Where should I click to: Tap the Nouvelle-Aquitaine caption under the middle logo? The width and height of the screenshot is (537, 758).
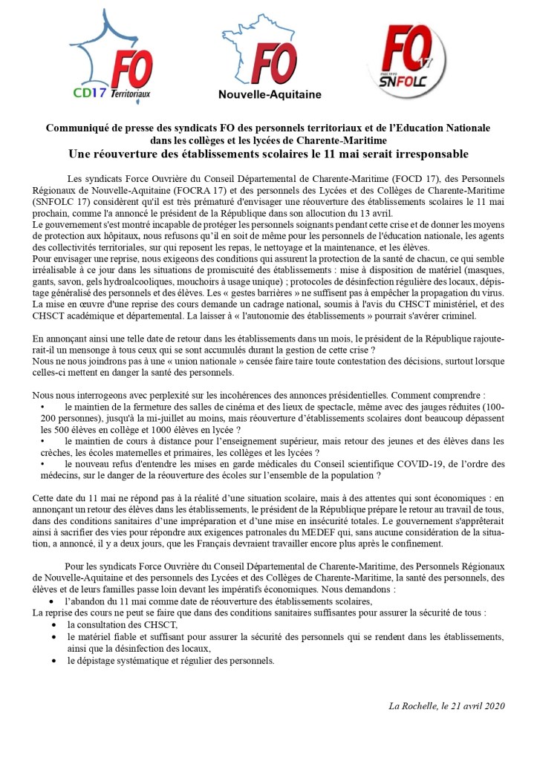pyautogui.click(x=270, y=94)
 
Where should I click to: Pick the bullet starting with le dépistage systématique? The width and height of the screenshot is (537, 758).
pyautogui.click(x=171, y=659)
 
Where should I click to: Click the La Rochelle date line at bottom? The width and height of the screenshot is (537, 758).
pyautogui.click(x=446, y=705)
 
